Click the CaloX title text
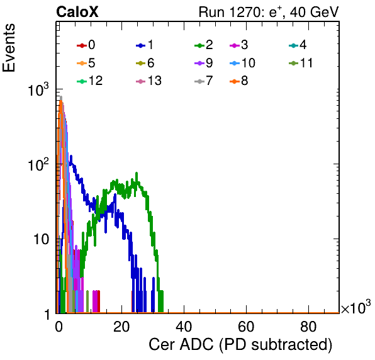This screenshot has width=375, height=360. coord(77,12)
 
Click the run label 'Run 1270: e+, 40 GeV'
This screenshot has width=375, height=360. coord(269,12)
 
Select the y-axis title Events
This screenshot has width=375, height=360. coord(9,48)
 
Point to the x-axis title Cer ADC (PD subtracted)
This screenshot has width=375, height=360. coord(240,345)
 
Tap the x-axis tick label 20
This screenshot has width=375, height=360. coord(121,327)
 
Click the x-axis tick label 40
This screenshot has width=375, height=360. coord(184,327)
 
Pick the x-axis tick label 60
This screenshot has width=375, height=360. coord(246,327)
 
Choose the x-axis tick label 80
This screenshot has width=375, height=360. coord(308,327)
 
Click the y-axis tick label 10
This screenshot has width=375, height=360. coord(42,239)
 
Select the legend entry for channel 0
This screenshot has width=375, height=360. coord(86,45)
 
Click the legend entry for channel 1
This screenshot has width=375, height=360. coord(145,45)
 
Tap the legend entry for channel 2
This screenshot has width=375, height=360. coord(204,45)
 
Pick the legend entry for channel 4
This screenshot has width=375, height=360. coord(298,45)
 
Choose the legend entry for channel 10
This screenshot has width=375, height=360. coord(242,63)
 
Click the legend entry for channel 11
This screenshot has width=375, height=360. coord(301,63)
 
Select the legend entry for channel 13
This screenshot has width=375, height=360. coord(148,81)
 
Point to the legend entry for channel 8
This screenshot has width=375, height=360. coord(238,81)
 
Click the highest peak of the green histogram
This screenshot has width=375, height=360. coord(137,173)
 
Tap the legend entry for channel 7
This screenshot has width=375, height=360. coord(204,81)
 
